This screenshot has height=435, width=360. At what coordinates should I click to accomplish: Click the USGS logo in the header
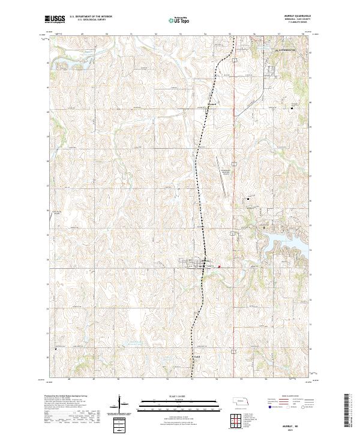pos(55,20)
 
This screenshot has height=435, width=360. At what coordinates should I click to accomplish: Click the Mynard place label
pos(211,103)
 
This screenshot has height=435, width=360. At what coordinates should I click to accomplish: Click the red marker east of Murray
pos(219,268)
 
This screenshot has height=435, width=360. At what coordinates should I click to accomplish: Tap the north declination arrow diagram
pos(119,405)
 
